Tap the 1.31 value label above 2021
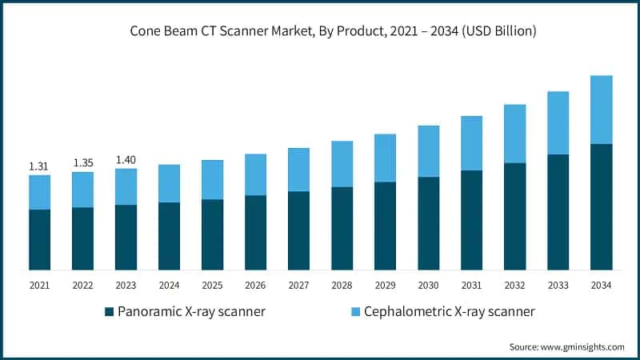click(x=39, y=166)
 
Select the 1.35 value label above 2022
click(x=83, y=163)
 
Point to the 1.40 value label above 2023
click(x=126, y=160)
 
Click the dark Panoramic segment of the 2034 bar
click(x=601, y=206)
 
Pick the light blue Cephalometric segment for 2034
click(x=601, y=110)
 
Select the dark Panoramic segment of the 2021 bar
click(x=39, y=239)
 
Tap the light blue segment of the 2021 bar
click(x=39, y=192)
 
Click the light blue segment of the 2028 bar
click(x=342, y=164)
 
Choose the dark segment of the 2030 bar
click(x=428, y=223)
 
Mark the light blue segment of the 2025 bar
click(x=212, y=180)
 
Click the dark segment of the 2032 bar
click(x=514, y=216)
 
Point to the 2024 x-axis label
click(x=169, y=286)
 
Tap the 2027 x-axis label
click(x=298, y=286)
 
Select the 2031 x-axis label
click(x=471, y=286)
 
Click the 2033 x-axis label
click(x=558, y=286)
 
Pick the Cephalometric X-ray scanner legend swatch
click(x=354, y=310)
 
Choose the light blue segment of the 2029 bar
click(x=385, y=158)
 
